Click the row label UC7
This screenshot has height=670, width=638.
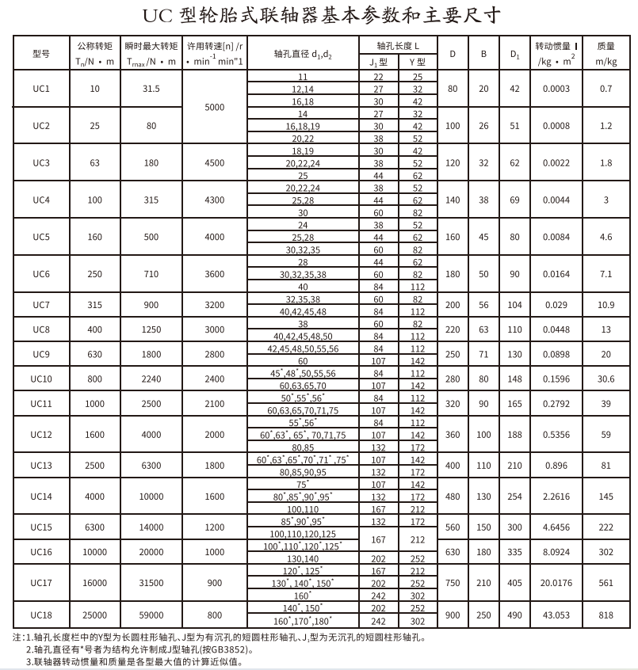click(x=41, y=305)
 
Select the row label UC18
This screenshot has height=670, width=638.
click(x=41, y=615)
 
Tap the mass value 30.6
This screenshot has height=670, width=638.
click(x=606, y=379)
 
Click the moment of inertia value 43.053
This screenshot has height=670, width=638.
click(x=556, y=615)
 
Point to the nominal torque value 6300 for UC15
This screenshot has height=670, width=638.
click(x=95, y=527)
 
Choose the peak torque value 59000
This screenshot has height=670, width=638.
click(x=151, y=615)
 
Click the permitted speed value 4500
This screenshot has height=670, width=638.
click(x=214, y=163)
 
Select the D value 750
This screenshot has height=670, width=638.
click(x=453, y=584)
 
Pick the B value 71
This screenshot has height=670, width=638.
click(x=483, y=354)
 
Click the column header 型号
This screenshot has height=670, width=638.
click(x=41, y=54)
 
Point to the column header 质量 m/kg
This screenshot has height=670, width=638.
click(x=606, y=54)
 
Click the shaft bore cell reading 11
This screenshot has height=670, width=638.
click(x=302, y=77)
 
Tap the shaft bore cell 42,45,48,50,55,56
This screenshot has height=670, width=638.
click(x=302, y=348)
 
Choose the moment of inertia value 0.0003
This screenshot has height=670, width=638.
click(x=556, y=89)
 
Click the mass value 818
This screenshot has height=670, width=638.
click(x=606, y=615)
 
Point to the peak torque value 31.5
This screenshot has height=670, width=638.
click(x=151, y=89)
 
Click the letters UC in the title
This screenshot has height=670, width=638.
click(x=155, y=16)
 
